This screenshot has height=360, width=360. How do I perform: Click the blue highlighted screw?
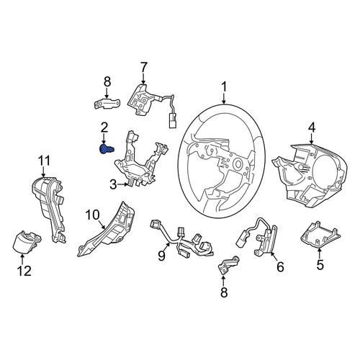coord(107,150)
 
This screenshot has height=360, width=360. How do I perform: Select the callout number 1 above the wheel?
coord(224,87)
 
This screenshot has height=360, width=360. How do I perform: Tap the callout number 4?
coord(311,127)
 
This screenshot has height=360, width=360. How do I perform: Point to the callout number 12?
coord(24,271)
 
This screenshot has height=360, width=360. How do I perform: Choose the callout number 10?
coord(92,215)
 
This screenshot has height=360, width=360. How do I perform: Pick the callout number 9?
coord(161,256)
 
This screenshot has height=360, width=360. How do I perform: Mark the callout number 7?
coord(143,68)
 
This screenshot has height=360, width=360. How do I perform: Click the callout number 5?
coord(320,265)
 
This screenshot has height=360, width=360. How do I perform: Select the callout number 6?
coord(280,266)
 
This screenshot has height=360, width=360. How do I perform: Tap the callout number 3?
coord(114,185)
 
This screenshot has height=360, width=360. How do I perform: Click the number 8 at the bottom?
coord(224,292)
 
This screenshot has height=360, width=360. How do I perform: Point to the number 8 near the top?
coord(107,81)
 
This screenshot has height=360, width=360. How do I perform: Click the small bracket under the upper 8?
coord(107,104)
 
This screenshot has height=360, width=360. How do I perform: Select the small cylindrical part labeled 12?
coord(26,242)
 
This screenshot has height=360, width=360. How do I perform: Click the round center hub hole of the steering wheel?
coord(238,164)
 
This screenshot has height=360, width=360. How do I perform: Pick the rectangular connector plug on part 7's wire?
coord(172,122)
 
